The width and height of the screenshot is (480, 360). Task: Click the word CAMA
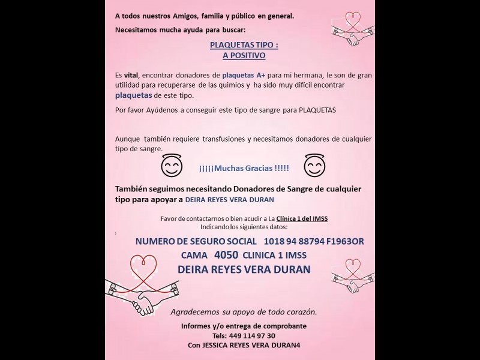(x=194, y=256)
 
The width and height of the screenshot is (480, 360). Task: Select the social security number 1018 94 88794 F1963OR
(x=313, y=241)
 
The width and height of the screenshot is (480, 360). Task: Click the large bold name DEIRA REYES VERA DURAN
(x=244, y=269)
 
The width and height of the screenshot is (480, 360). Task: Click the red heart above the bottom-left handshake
(x=147, y=265)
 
